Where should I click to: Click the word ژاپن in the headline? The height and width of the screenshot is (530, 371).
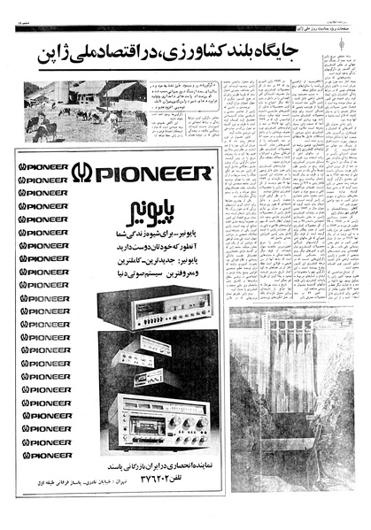point(48,55)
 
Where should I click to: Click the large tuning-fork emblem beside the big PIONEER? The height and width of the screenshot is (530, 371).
point(81,172)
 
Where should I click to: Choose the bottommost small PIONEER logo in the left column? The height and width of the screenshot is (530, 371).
point(44,455)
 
